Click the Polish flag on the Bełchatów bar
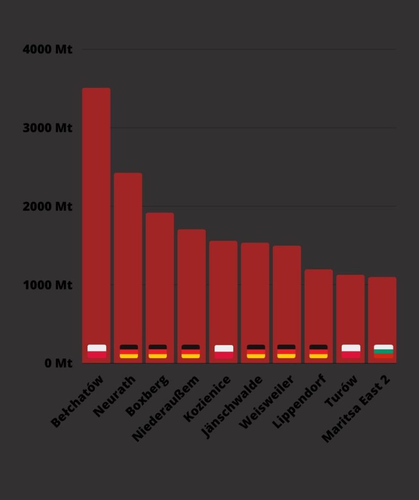coord(97,352)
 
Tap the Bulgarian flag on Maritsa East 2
coord(383,352)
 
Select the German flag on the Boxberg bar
coord(158,352)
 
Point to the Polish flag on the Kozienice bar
coord(224,352)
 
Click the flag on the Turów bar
coord(351,352)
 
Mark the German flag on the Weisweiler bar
coord(287,352)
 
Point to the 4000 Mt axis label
coord(47,49)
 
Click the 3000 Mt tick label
coord(47,128)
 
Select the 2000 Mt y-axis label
coord(47,207)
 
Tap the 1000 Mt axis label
coord(47,285)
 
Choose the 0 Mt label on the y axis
coord(59,363)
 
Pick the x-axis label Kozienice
coord(207,398)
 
